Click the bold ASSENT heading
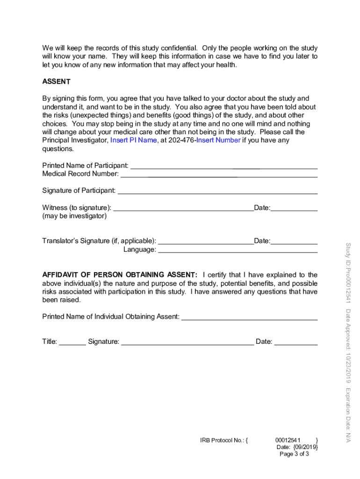point(56,81)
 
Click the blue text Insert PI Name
point(133,140)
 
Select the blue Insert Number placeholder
point(218,140)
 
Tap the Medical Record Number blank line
point(218,175)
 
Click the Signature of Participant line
point(217,192)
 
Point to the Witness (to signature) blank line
point(183,209)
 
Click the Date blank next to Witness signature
point(294,209)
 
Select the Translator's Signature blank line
point(206,242)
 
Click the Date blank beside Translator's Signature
point(294,242)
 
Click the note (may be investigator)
point(74,216)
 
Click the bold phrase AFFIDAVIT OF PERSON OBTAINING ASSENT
point(120,275)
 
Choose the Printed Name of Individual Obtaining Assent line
point(249,318)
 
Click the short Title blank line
point(72,343)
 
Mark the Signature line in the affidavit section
point(187,343)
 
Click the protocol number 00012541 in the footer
point(288,440)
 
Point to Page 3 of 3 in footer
point(294,454)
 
